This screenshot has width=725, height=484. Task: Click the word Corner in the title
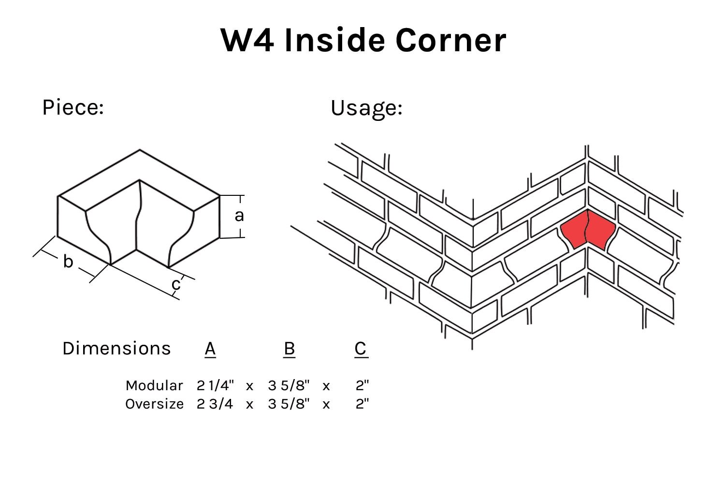click(450, 40)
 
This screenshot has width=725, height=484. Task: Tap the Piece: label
click(73, 107)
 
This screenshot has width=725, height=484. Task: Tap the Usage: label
click(366, 108)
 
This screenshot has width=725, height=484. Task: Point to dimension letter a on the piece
click(239, 216)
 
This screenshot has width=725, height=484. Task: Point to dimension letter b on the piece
click(68, 262)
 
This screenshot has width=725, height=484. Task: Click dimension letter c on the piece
click(176, 284)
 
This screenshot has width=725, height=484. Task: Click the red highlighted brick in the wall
click(587, 230)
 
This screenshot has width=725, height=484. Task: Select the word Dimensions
click(116, 349)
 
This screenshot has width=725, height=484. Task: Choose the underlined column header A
click(210, 349)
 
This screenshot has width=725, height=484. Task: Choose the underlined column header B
click(289, 349)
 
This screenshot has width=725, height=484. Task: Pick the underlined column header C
click(361, 349)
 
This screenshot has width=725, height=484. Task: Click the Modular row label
click(154, 385)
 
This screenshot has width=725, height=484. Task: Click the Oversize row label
click(154, 404)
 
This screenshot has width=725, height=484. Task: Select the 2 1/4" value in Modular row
click(215, 385)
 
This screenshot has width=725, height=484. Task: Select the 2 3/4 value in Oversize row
click(215, 404)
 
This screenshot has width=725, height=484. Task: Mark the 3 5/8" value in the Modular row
click(289, 385)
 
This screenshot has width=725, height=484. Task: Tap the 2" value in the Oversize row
click(362, 404)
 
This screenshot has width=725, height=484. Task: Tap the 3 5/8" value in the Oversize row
click(289, 404)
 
